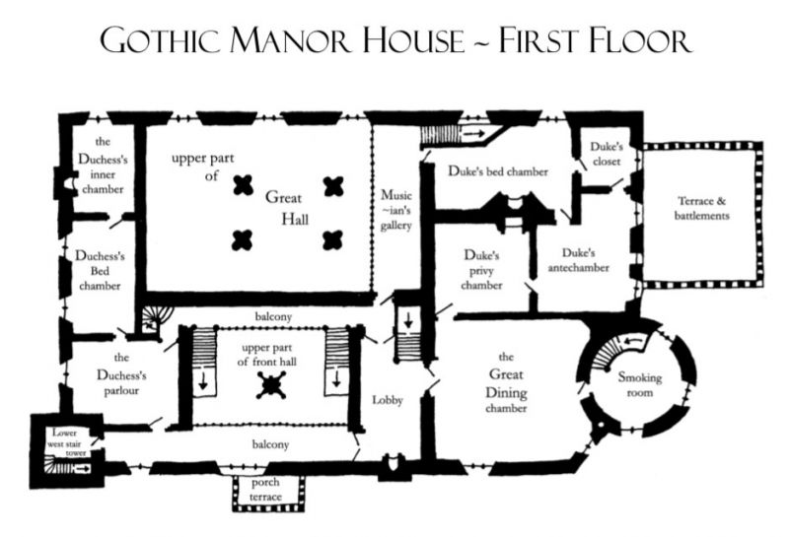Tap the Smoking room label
coord(640,385)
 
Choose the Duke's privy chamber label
coord(482,270)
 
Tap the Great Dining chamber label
coord(506,383)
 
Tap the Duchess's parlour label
coord(122,373)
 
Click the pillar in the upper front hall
coord(271,388)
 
